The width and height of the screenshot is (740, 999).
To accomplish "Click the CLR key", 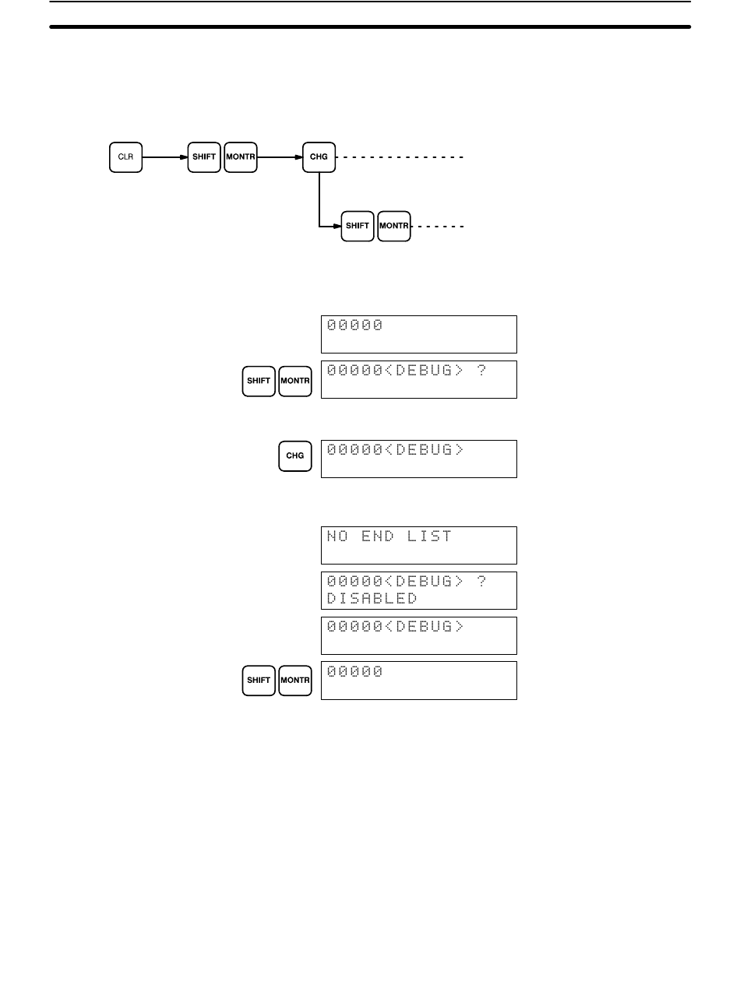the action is coord(125,157).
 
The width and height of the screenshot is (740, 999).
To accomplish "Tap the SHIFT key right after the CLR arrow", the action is coord(204,157).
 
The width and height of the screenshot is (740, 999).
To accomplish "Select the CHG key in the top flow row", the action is coord(319,157).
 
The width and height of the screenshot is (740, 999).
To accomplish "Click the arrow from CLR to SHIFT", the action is coord(164,157).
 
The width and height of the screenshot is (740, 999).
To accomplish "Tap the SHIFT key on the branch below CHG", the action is coord(358,226).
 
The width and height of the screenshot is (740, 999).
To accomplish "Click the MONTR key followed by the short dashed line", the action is coord(394,226).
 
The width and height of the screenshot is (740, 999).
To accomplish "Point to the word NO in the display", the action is coord(337,536).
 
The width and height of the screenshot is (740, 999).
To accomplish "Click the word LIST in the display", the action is coord(429,536).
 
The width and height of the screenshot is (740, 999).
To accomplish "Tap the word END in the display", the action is coord(378,536).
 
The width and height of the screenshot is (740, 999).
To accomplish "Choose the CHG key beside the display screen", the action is coord(295,456).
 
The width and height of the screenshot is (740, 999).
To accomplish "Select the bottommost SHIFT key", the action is coord(259,681).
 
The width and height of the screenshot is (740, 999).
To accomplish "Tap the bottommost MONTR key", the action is coord(295,681).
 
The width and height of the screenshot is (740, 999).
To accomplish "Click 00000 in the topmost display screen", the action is coord(354,325).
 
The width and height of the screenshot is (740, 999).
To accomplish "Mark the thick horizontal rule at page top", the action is coord(370,27).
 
